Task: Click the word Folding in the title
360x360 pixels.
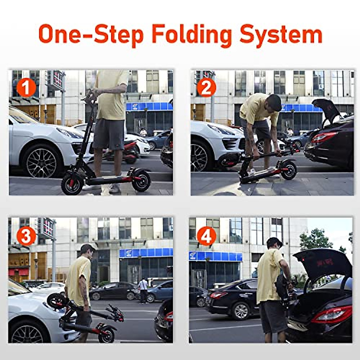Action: coord(192,34)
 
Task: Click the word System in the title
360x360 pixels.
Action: coord(281,34)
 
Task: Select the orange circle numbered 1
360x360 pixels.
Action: coord(26,88)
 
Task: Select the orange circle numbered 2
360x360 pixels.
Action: coord(206,88)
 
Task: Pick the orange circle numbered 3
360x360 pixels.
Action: coord(26,236)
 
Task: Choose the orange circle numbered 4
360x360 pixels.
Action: coord(206,236)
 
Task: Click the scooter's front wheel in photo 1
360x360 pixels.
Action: coord(72,184)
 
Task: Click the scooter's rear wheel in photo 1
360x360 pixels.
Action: coord(141,181)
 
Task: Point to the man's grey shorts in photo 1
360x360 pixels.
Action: coord(109,134)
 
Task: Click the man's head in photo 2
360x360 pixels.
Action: coord(274,102)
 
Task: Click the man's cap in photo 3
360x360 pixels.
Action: coord(87,248)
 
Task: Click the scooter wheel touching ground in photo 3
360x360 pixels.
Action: coord(107,335)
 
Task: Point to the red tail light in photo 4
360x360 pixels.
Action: coord(332,314)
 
